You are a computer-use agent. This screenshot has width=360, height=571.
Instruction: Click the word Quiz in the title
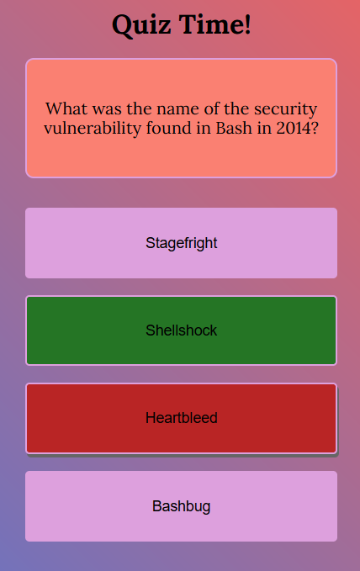coord(141,25)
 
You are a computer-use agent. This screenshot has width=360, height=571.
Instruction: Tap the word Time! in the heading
coord(215,24)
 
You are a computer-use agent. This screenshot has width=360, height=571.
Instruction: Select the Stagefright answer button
coord(181,243)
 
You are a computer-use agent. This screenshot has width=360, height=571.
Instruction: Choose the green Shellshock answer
coord(181,330)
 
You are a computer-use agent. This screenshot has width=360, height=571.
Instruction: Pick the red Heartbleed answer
coord(181,418)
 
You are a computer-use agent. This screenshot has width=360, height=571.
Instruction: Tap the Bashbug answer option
coord(181,506)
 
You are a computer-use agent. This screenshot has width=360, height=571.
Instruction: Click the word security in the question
coord(286,109)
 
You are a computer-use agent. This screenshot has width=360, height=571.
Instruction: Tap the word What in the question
coord(66,108)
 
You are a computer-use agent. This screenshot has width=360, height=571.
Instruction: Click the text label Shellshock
coord(181,330)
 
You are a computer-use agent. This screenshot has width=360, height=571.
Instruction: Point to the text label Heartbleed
coord(181,418)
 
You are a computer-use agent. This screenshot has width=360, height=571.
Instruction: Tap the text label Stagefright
coord(181,244)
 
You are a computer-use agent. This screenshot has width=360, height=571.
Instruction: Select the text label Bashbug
coord(181,506)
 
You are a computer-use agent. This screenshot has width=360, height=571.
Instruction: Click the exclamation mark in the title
coord(248,24)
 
